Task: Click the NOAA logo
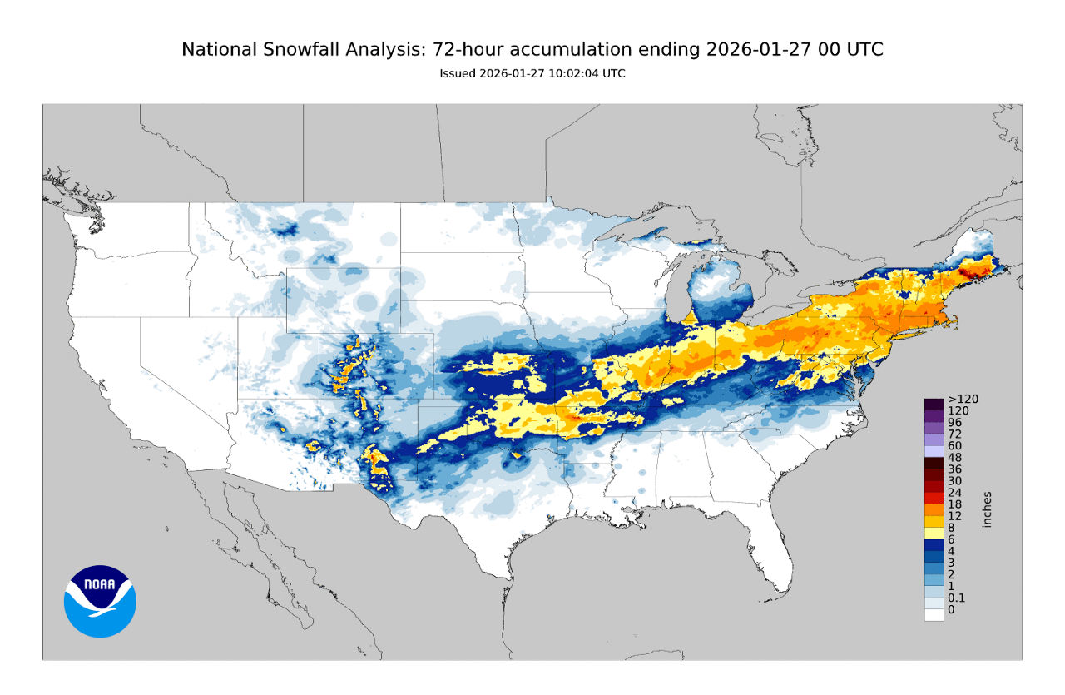pos(100,601)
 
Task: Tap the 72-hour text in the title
pos(467,50)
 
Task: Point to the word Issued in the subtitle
pos(458,73)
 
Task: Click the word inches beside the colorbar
pos(988,509)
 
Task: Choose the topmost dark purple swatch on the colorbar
pos(934,404)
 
